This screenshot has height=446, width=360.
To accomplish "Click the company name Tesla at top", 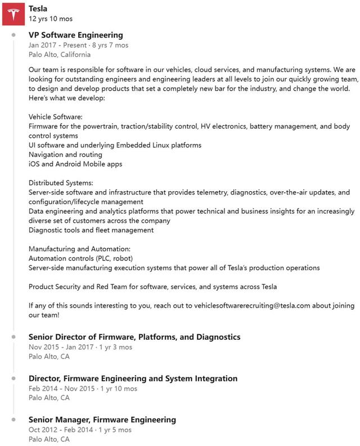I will point(38,8).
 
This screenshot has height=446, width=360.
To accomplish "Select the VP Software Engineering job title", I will point(75,35).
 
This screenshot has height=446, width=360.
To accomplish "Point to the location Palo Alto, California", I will point(59,55).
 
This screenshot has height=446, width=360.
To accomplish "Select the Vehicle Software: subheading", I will point(55,116).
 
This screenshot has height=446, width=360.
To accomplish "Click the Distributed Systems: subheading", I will point(61,183).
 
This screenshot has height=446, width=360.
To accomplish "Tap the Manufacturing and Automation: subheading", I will point(79,249).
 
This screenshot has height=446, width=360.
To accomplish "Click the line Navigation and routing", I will point(65,155).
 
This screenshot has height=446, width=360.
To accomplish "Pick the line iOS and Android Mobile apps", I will point(75,164).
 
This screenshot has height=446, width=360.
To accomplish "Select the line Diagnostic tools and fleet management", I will point(91,230).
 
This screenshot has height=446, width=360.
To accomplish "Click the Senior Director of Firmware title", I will point(134,336).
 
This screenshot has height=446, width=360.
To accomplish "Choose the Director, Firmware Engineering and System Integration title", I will point(133,378).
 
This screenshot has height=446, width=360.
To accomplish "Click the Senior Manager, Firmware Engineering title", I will point(102,420).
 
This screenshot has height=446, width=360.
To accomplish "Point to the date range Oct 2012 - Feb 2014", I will point(61,430).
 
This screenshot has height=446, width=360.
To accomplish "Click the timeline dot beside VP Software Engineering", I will point(13,35).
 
